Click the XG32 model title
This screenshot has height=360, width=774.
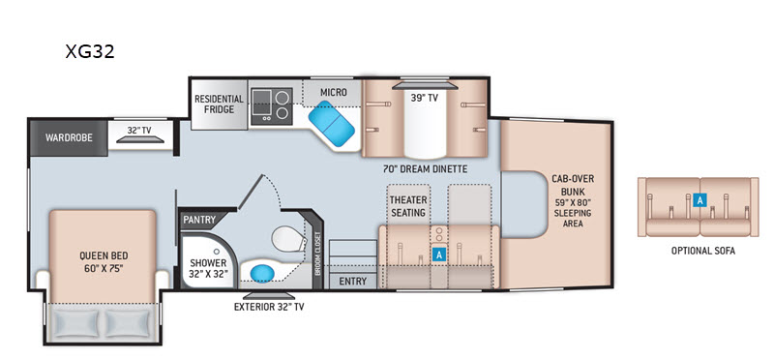[90, 51]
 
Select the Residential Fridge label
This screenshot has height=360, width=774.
[219, 105]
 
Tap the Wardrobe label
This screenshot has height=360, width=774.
[69, 137]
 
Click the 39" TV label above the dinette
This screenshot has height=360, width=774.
[425, 98]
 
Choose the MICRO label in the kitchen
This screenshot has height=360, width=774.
[333, 92]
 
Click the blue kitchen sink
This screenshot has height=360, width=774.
[331, 124]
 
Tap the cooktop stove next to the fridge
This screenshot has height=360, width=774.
[272, 106]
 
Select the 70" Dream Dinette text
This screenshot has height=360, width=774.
[425, 169]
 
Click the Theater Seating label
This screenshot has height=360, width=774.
[407, 206]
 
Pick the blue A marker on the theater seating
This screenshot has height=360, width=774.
[438, 254]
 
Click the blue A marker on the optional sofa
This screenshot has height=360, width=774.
[699, 200]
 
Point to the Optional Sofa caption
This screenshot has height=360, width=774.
[703, 251]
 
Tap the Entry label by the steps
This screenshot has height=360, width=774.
[353, 282]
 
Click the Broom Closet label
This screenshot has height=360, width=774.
[318, 254]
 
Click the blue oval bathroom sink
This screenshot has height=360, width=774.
[262, 273]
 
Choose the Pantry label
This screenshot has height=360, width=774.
[200, 220]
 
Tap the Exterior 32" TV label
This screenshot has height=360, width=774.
[269, 307]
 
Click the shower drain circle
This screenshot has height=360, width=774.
[216, 252]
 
